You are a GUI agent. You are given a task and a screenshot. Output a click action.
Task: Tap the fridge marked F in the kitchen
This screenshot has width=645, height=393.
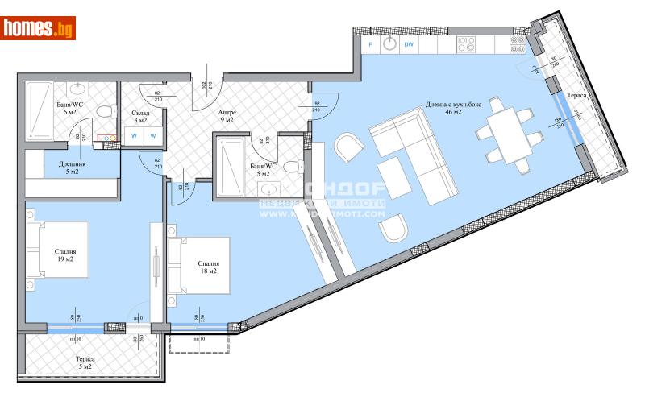[370, 44]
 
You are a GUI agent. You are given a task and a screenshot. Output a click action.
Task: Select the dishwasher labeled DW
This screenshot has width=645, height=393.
[410, 44]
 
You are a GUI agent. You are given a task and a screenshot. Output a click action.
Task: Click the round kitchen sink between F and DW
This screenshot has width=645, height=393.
[389, 44]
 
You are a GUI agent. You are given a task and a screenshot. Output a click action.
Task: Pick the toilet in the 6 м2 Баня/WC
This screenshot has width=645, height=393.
[103, 113]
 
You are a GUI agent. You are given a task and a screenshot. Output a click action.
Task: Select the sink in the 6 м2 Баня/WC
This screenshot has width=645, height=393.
[79, 89]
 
